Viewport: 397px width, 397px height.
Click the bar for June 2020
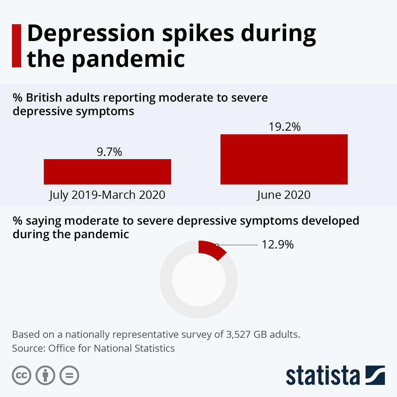point(284,159)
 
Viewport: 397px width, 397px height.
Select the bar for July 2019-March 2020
point(107,172)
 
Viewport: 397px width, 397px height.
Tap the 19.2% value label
point(285,127)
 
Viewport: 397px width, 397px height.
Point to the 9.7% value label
point(109,152)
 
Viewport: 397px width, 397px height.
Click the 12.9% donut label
point(278,245)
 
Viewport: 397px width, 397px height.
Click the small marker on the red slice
point(217,245)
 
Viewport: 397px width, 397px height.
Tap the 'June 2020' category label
point(284,195)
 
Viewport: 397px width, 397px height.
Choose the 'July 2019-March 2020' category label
point(107,195)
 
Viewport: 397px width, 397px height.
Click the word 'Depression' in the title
point(91,34)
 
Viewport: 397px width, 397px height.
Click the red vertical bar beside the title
point(17,46)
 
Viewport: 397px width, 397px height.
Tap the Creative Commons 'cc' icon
point(22,375)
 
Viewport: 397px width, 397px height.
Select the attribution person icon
point(45,375)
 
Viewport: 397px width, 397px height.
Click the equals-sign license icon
point(69,375)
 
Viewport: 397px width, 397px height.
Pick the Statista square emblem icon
point(375,375)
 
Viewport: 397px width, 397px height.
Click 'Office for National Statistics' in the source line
point(111,348)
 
